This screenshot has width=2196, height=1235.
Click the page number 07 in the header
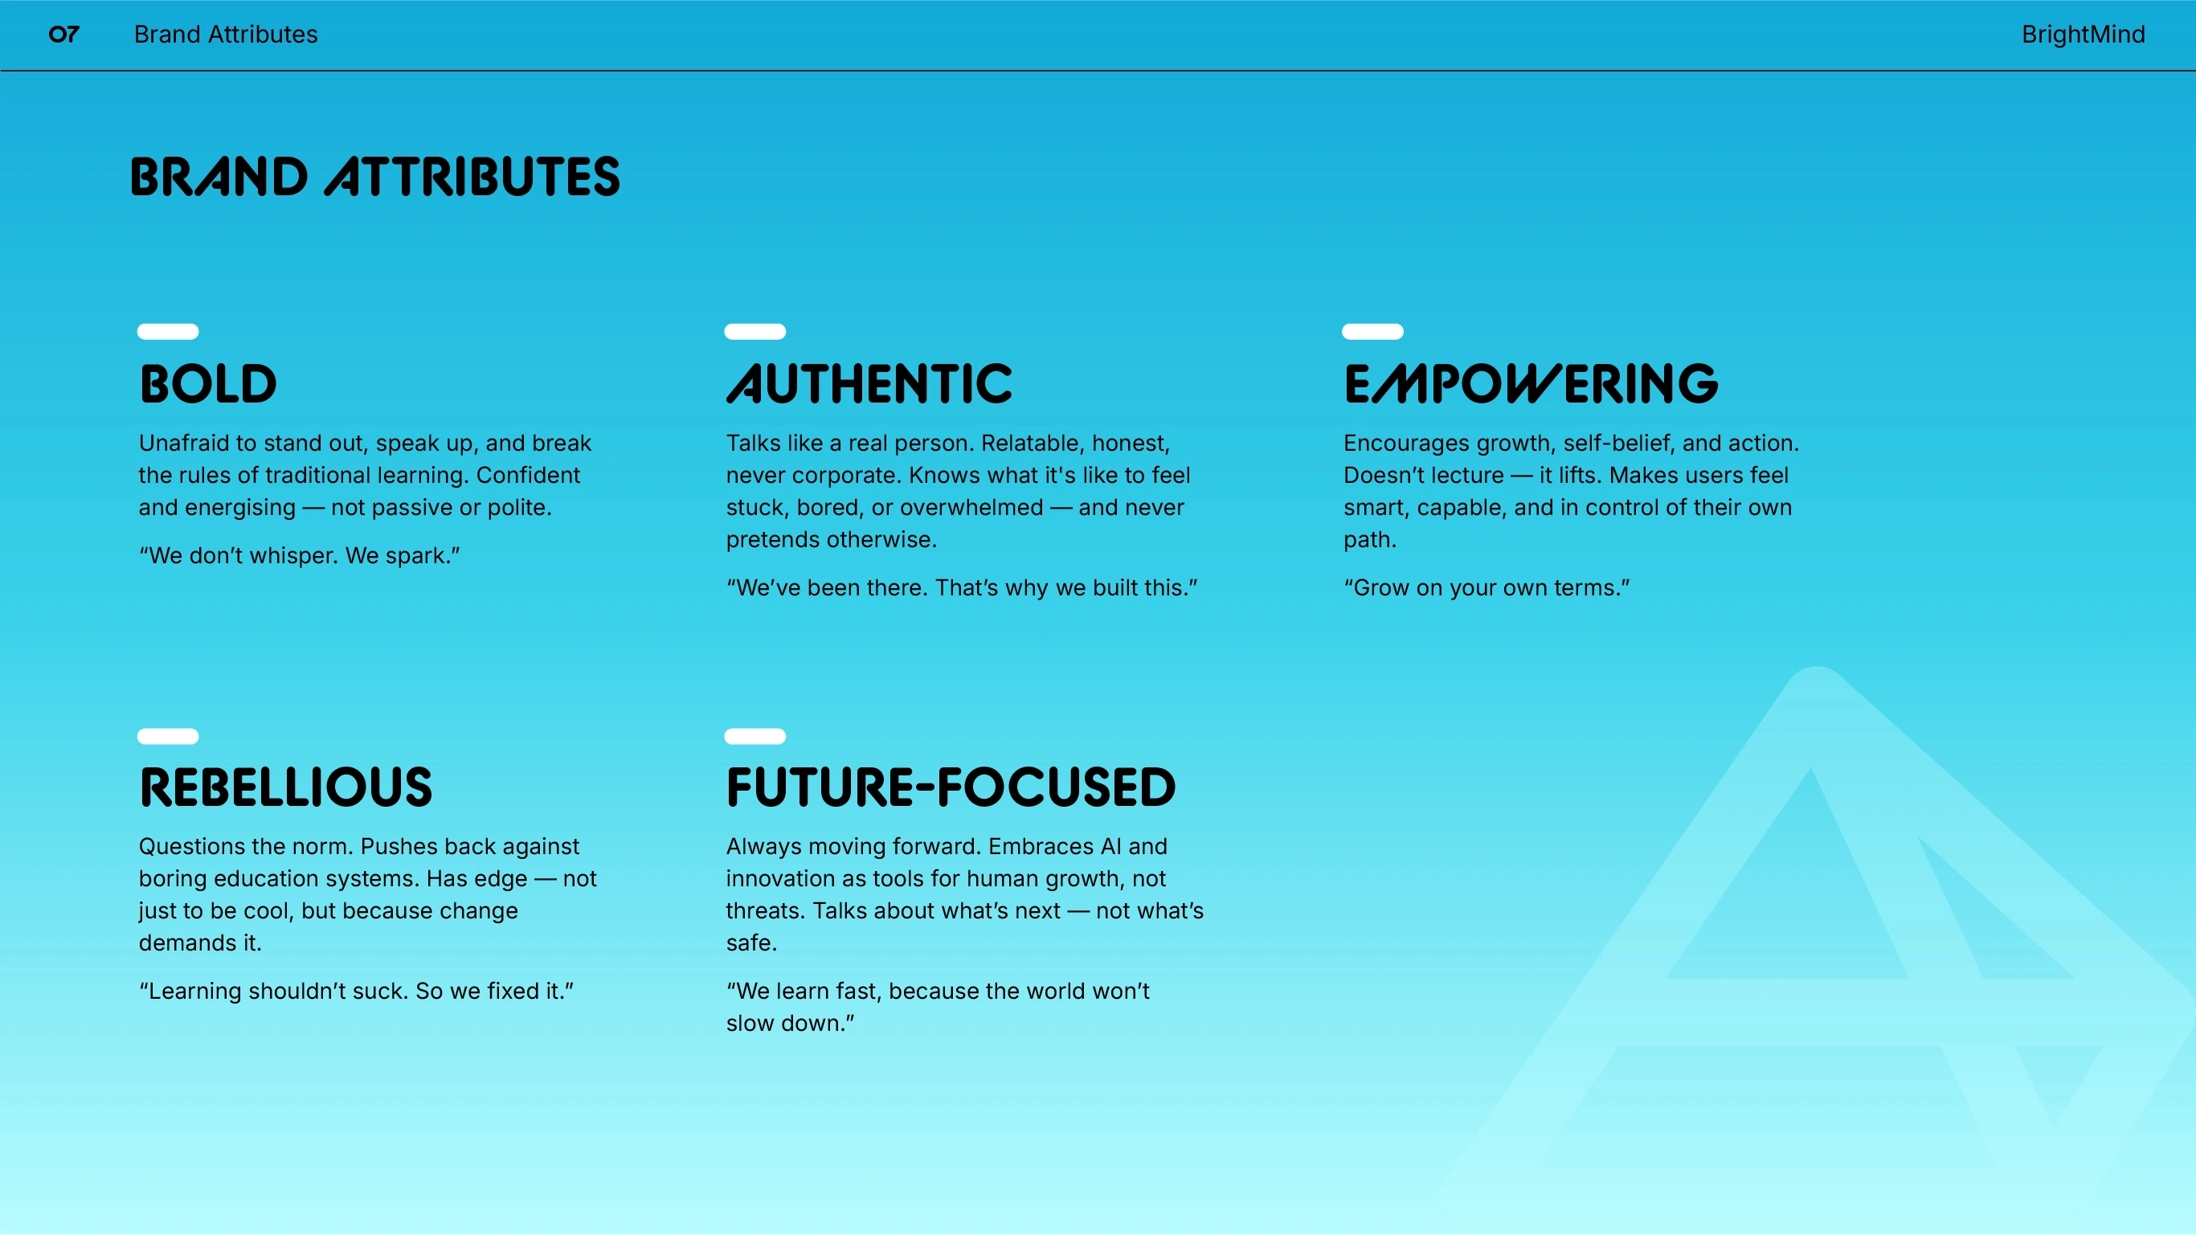pos(64,34)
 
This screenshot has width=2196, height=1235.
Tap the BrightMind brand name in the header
pos(2083,34)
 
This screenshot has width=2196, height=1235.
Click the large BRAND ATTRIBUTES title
pos(375,178)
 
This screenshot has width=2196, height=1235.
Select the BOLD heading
pos(208,383)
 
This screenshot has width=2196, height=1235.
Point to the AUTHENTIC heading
pos(869,383)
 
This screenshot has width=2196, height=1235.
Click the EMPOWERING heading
pos(1531,383)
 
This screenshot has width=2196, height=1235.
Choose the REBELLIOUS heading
pos(285,787)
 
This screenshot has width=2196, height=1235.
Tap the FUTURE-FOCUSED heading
pos(951,787)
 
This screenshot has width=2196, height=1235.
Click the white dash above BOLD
pos(168,332)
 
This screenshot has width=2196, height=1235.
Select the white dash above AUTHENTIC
pos(755,332)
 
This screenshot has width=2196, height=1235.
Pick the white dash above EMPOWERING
pos(1372,332)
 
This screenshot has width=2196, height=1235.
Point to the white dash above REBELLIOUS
pos(168,736)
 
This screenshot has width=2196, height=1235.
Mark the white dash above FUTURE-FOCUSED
pos(755,736)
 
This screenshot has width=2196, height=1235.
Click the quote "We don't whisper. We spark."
pos(299,556)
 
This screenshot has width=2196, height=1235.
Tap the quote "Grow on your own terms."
pos(1486,588)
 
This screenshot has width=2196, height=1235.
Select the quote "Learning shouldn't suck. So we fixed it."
pos(356,992)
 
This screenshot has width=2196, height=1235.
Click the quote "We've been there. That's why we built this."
pos(962,588)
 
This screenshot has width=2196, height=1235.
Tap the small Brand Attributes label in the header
pos(226,34)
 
